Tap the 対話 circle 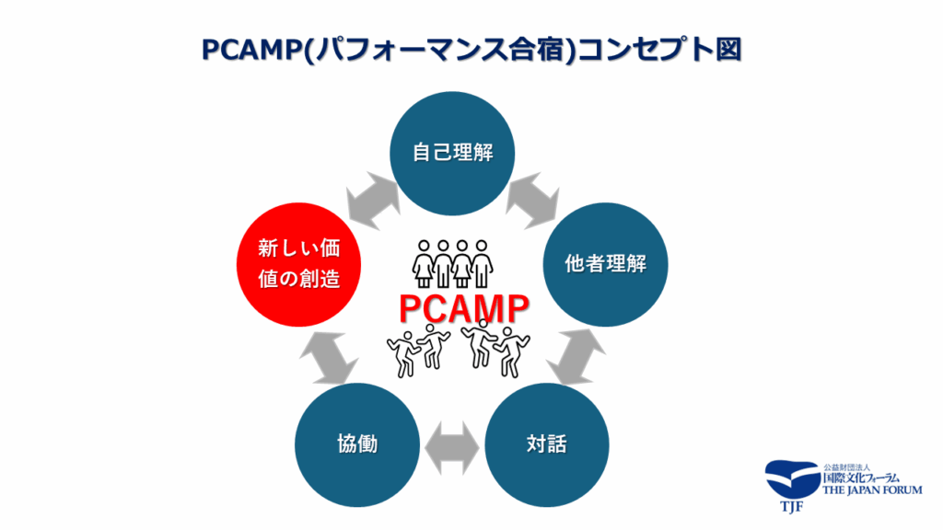546,444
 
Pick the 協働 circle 357,444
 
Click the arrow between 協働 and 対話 451,444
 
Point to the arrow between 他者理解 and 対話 578,355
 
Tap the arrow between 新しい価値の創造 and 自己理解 372,198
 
